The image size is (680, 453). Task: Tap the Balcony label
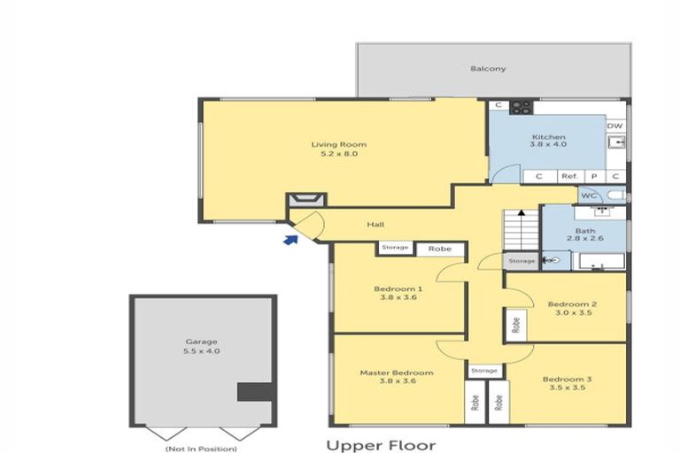click(x=488, y=68)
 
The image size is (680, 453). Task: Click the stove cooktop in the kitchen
click(x=521, y=106)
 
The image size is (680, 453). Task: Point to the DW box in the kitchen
click(x=615, y=126)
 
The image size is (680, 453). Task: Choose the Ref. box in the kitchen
click(x=569, y=176)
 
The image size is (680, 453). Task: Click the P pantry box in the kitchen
click(x=594, y=176)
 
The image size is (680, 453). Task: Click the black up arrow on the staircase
click(x=522, y=212)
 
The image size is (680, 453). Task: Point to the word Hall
click(x=375, y=225)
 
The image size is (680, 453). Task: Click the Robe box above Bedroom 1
click(x=439, y=249)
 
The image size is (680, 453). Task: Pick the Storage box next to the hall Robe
click(x=395, y=248)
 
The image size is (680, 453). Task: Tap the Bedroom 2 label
click(x=571, y=303)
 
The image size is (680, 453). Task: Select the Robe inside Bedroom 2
click(x=514, y=326)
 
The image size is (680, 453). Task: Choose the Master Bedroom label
click(x=396, y=372)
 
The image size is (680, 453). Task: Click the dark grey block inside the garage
click(x=253, y=392)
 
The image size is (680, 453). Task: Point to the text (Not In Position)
click(x=202, y=449)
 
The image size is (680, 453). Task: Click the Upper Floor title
click(x=382, y=445)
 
